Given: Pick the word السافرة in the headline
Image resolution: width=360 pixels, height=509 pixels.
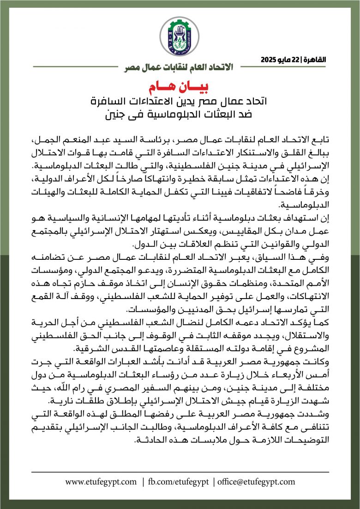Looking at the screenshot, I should click(114, 101).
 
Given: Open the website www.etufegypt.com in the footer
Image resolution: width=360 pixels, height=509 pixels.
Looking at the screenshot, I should click(101, 482).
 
